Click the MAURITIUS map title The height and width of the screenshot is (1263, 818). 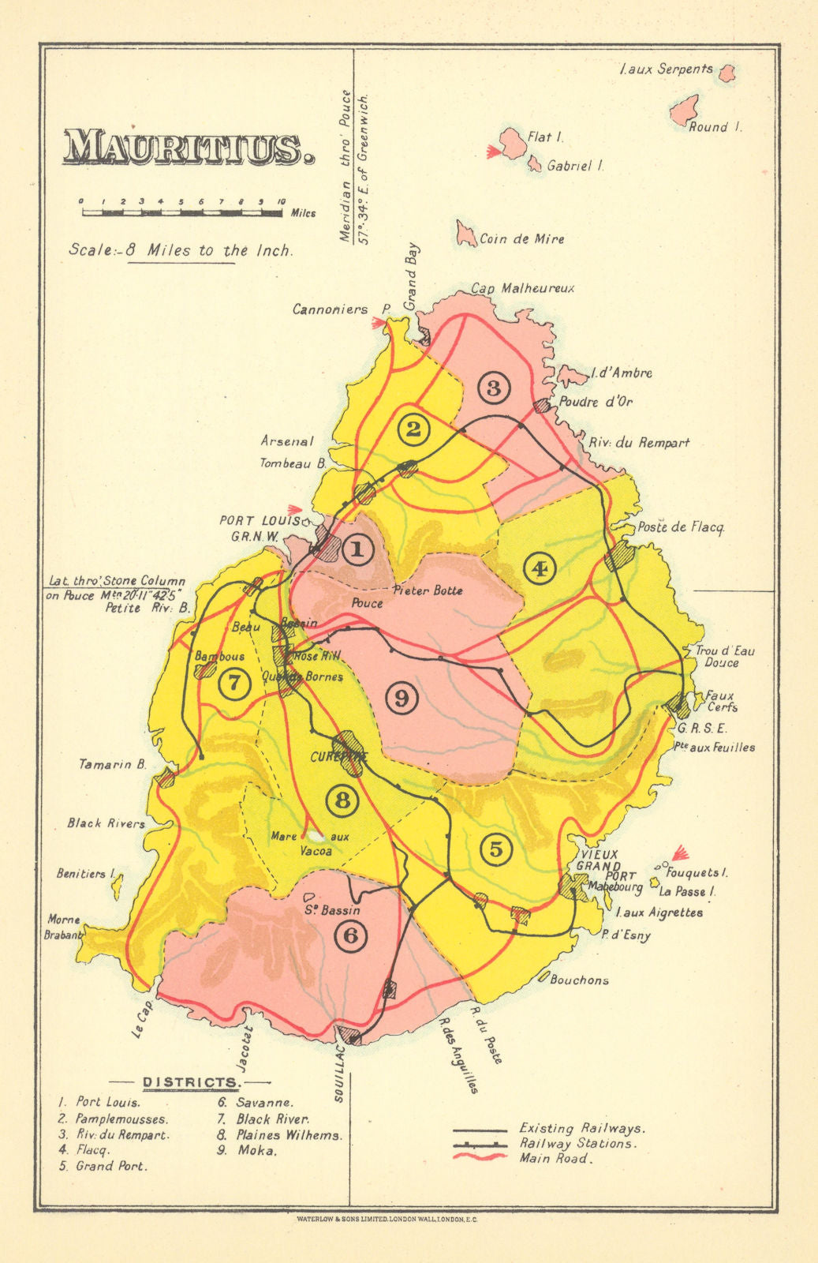[x=184, y=148]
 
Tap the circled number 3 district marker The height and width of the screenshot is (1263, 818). [x=494, y=388]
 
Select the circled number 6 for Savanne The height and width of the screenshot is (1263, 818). [x=351, y=936]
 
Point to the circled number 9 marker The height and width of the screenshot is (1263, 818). [x=402, y=698]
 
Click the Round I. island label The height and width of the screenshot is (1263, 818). [x=715, y=126]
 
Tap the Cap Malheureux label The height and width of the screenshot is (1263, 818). [x=523, y=289]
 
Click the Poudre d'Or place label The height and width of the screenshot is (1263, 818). [x=596, y=402]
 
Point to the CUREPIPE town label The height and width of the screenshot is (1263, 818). [x=339, y=756]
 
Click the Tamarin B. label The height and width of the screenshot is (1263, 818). [x=112, y=764]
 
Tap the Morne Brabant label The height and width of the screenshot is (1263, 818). [x=64, y=927]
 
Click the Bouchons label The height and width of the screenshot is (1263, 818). [x=579, y=980]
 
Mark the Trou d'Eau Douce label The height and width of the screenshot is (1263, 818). [x=724, y=657]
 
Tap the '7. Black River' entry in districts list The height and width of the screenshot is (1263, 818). [x=263, y=1119]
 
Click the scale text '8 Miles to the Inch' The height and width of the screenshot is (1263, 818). [x=181, y=250]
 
